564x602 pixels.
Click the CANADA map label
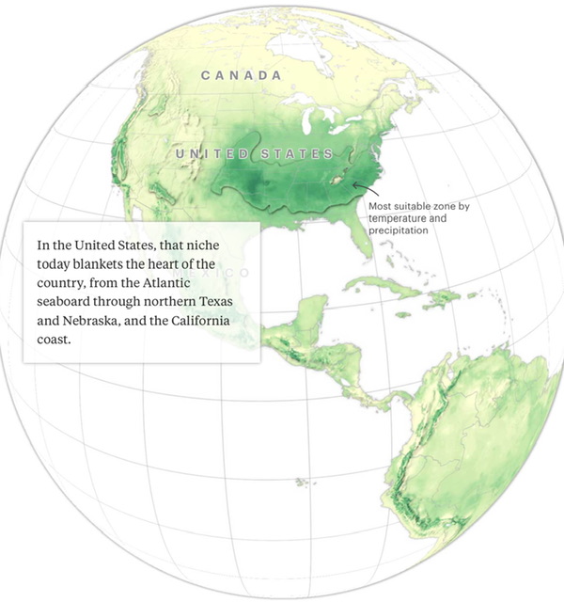pos(242,74)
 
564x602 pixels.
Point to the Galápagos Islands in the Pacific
pos(302,482)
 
